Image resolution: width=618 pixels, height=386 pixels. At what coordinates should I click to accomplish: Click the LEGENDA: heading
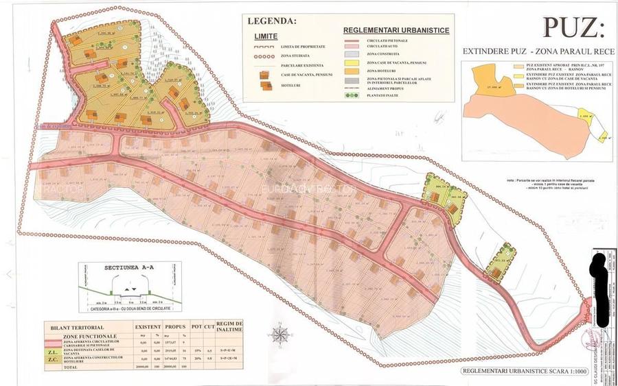click(273, 21)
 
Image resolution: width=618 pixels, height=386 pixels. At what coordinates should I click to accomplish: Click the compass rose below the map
click(280, 334)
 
